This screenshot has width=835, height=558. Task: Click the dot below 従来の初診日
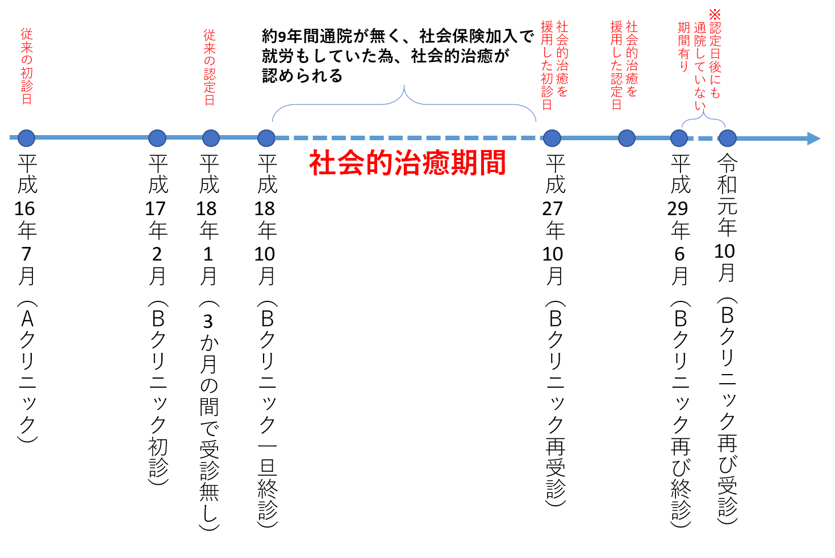pos(26,138)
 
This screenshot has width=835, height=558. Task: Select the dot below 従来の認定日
pos(211,138)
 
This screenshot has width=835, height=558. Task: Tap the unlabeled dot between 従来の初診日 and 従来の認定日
pos(157,138)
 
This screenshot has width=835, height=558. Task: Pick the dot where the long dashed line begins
pos(266,138)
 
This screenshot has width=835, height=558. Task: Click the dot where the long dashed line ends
pos(552,138)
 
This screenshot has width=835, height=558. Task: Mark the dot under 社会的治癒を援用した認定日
pos(627,138)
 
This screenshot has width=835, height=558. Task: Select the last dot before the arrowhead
pos(728,138)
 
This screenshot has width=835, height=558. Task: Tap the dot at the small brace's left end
pos(679,138)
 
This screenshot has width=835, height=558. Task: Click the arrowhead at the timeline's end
pos(814,139)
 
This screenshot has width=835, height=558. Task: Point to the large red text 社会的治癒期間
pos(407,163)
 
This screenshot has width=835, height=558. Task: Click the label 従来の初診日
pos(27,66)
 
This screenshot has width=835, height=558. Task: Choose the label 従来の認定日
pos(210,67)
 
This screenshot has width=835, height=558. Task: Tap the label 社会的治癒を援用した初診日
pos(554,65)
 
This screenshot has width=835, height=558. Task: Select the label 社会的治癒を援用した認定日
pos(624,65)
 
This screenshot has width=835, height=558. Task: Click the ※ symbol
pos(715,14)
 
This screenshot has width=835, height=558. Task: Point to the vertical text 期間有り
pos(684,47)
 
